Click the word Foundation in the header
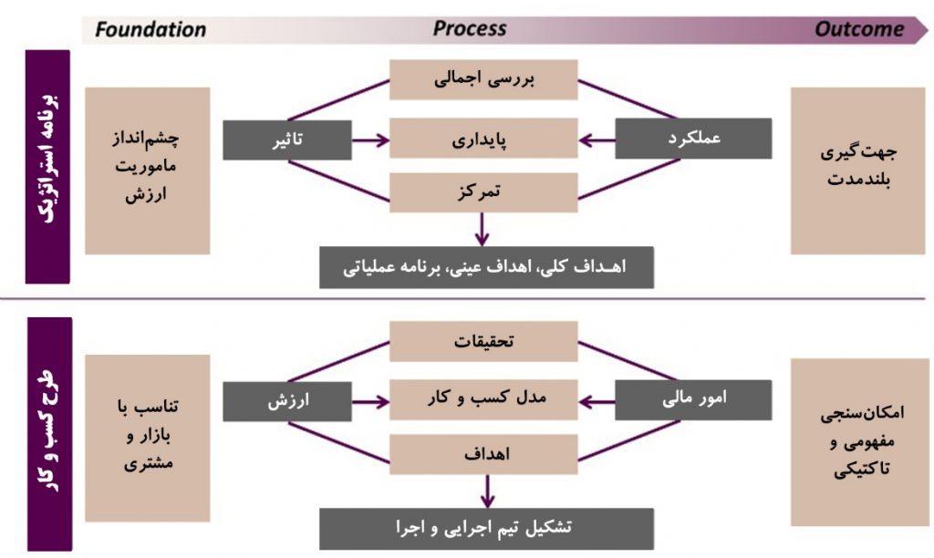coord(150,29)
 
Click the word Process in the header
coord(469,28)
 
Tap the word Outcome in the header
coord(858,29)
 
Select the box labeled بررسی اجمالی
coord(483,79)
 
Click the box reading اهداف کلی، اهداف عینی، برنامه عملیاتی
coord(486,268)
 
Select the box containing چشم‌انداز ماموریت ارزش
coord(147,170)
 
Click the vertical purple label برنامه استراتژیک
coord(48,166)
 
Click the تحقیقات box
coord(483,341)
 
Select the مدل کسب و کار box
coord(483,399)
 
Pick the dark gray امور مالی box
coord(693,399)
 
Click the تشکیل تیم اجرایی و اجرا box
coord(486,528)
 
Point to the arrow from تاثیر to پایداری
coord(369,140)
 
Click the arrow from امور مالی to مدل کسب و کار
coord(597,399)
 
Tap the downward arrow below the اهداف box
coord(486,492)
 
